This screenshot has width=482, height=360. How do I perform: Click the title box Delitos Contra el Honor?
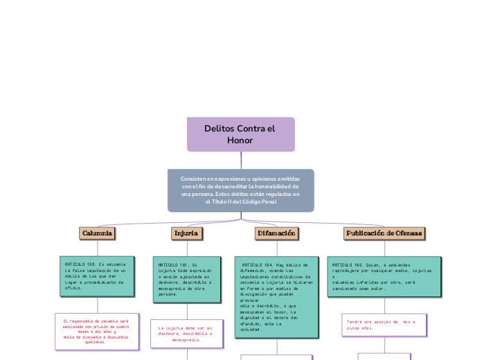(x=240, y=134)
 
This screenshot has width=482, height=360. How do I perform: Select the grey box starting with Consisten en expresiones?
(x=240, y=190)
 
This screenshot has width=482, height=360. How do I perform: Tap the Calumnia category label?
(x=97, y=234)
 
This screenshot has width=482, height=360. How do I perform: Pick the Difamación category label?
(x=277, y=234)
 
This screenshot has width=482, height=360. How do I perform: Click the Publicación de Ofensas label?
(x=384, y=234)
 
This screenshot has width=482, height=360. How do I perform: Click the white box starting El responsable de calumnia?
(x=96, y=332)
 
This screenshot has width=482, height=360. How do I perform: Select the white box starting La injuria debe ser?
(x=186, y=334)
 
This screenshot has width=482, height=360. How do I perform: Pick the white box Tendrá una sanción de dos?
(x=384, y=325)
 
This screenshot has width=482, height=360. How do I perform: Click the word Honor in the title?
(x=240, y=141)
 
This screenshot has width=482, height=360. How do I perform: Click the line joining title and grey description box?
(x=241, y=160)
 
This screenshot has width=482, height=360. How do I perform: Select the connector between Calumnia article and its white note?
(x=97, y=305)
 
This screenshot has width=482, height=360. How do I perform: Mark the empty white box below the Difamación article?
(x=276, y=357)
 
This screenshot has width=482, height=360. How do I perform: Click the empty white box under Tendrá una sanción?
(x=384, y=357)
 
